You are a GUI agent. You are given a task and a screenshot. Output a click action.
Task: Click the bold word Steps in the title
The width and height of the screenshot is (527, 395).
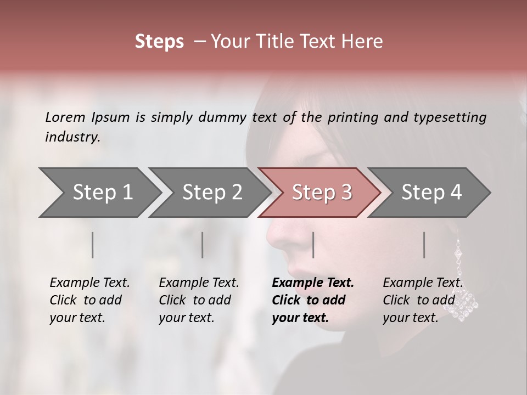tap(159, 42)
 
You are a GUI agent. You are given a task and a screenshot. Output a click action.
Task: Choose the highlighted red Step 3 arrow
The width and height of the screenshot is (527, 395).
tap(320, 193)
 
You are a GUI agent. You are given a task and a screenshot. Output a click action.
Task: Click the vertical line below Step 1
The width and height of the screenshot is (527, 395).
tap(93, 245)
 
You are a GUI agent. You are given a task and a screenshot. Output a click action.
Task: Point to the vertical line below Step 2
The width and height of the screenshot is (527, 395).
tap(203, 245)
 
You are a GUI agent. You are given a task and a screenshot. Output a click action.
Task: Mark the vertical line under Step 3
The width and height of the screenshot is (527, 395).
tap(313, 245)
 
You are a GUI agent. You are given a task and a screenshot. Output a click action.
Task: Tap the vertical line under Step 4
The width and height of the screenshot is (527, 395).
tap(424, 245)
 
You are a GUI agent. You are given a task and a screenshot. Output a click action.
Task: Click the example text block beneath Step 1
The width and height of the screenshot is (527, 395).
tap(89, 300)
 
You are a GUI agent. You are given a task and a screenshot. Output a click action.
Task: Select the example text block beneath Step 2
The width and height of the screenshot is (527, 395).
tap(199, 300)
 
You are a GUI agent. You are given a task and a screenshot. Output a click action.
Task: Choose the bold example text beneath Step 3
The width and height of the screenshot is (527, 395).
tap(312, 300)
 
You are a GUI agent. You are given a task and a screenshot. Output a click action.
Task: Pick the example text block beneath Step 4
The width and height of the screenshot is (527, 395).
tap(422, 300)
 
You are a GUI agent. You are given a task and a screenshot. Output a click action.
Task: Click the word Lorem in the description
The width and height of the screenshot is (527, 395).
tap(65, 117)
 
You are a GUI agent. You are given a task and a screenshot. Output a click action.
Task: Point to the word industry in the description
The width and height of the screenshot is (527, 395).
tap(72, 137)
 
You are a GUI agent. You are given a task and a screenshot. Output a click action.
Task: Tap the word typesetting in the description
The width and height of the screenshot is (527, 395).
tap(450, 117)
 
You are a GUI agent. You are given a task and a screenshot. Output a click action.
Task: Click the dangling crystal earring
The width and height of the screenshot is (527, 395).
tap(462, 285)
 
